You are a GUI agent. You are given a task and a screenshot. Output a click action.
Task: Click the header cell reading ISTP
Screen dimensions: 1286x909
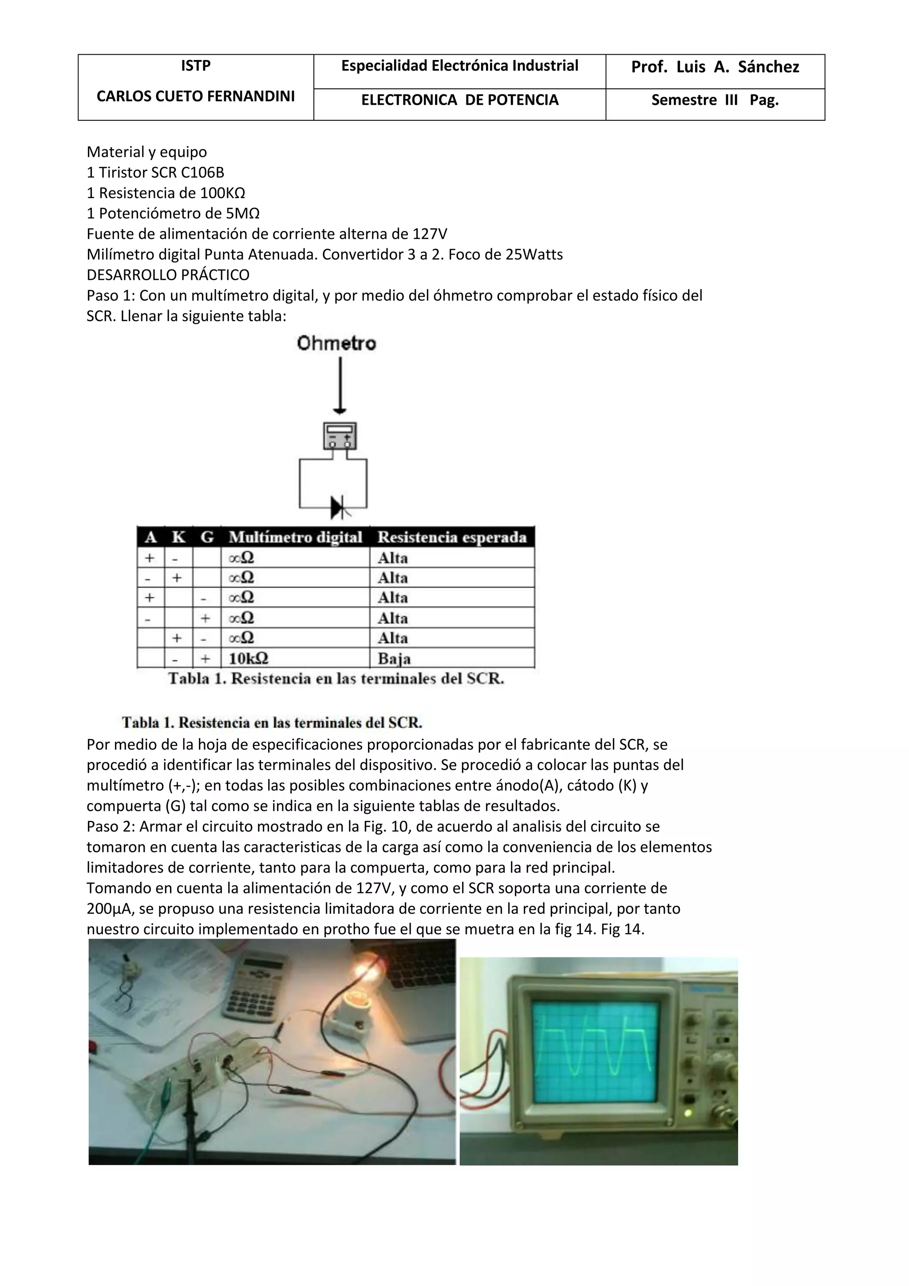point(195,66)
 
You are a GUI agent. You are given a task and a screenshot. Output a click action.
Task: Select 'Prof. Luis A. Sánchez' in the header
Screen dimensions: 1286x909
point(715,67)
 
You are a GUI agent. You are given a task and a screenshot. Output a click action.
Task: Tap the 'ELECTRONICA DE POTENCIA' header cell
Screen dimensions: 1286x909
point(459,100)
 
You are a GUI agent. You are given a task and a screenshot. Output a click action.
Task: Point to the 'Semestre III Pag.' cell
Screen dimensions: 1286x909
point(715,100)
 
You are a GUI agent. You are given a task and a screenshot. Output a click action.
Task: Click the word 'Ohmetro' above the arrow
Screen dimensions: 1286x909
point(336,343)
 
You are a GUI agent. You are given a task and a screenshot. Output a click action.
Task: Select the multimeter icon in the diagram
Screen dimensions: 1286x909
point(340,436)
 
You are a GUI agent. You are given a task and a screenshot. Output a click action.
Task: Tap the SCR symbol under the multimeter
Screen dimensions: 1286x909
point(339,508)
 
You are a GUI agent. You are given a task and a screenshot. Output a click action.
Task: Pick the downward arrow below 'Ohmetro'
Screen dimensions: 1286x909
point(340,386)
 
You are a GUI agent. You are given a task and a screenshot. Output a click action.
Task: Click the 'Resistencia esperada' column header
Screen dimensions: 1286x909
point(452,537)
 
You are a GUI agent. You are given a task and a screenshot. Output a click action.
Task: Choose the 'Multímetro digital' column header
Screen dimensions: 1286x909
point(295,537)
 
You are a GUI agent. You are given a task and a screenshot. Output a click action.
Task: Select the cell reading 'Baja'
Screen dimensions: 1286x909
point(394,658)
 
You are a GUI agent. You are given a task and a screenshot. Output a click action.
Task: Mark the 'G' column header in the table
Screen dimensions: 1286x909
point(206,537)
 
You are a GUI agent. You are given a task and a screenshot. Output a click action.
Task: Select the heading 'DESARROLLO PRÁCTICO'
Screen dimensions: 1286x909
point(168,275)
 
